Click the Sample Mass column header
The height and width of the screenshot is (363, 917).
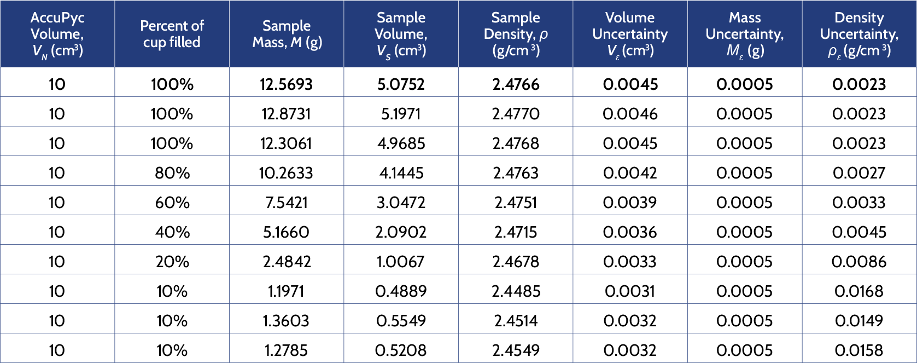[x=287, y=34]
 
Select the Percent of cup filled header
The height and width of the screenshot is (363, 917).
[x=172, y=34]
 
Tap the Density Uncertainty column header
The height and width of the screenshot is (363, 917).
[x=859, y=34]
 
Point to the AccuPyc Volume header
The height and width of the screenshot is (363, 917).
[x=57, y=34]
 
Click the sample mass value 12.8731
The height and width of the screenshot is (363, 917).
[x=286, y=114]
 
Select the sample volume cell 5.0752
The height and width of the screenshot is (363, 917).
[x=401, y=84]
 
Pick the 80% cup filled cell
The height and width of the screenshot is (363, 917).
[x=172, y=173]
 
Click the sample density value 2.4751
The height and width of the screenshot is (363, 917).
[x=516, y=203]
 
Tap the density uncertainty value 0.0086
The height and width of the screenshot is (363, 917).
[x=859, y=262]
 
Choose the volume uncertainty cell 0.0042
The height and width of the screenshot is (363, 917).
[x=630, y=173]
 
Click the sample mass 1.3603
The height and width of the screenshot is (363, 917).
[x=286, y=321]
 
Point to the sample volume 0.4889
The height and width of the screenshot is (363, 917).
[x=401, y=291]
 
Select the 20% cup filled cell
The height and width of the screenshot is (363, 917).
[x=172, y=262]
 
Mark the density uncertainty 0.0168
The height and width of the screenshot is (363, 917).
[x=859, y=291]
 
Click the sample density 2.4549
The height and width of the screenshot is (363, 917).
[x=516, y=350]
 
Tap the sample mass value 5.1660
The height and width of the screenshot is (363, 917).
[x=286, y=232]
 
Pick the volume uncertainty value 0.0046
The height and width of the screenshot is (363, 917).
[x=630, y=114]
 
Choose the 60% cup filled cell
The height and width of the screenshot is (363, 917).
[x=172, y=203]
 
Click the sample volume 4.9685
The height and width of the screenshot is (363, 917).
[x=401, y=143]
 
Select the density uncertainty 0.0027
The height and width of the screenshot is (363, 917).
[x=859, y=173]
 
